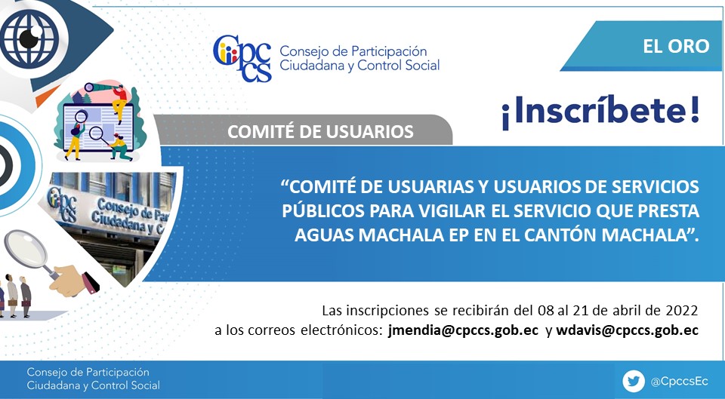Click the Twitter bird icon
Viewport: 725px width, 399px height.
click(634, 382)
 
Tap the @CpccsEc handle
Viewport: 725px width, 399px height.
click(679, 382)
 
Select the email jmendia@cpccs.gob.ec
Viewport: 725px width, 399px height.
click(463, 330)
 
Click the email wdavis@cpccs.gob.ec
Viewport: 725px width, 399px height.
click(627, 330)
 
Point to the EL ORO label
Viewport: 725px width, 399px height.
click(676, 46)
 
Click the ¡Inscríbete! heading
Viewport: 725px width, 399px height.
click(600, 112)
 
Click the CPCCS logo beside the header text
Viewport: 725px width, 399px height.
click(242, 58)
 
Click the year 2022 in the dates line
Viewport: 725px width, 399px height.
click(681, 310)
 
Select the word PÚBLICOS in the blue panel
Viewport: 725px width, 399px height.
click(323, 211)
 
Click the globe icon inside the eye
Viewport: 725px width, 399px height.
click(29, 38)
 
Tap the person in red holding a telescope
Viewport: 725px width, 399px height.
click(119, 103)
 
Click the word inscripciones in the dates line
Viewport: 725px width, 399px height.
click(388, 310)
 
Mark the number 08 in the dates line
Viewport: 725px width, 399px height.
click(546, 310)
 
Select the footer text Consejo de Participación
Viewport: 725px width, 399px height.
click(88, 372)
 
